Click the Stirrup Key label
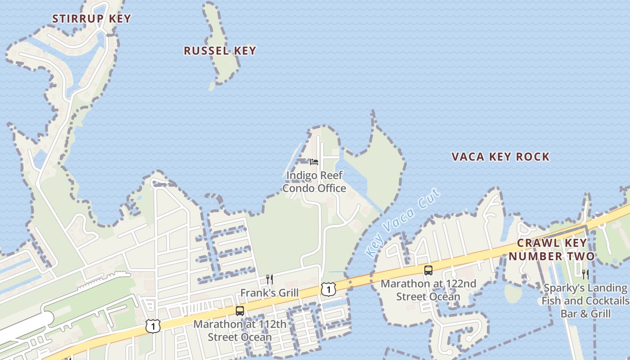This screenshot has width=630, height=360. click(91, 18)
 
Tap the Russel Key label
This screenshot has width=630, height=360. click(220, 50)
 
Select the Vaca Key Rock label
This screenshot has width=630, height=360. click(500, 157)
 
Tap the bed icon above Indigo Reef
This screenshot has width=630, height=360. click(314, 162)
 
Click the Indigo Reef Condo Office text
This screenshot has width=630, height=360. click(314, 182)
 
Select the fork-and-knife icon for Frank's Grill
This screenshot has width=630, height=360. click(270, 279)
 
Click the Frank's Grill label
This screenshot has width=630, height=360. click(269, 293)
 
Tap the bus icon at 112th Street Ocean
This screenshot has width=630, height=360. click(240, 310)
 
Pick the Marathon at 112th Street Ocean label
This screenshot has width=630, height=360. click(239, 330)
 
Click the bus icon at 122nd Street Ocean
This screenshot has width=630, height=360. click(428, 270)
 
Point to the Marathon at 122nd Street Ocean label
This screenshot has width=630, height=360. click(428, 290)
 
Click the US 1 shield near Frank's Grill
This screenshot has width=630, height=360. click(328, 289)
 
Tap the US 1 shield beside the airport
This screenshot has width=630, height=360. click(153, 326)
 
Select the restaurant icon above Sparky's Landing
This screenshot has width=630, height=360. click(585, 274)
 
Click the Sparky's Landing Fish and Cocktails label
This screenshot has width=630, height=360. click(585, 301)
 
